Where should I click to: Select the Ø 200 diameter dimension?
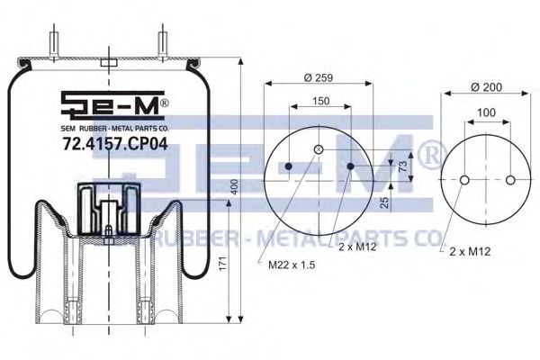487,87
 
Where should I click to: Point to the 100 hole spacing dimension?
487,112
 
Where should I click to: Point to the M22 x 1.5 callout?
291,265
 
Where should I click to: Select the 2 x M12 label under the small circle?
470,252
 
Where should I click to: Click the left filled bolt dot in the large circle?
288,167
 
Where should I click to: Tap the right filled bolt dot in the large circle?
348,167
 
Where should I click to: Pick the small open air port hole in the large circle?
318,149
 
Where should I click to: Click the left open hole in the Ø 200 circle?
463,180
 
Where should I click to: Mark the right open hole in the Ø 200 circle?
510,180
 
